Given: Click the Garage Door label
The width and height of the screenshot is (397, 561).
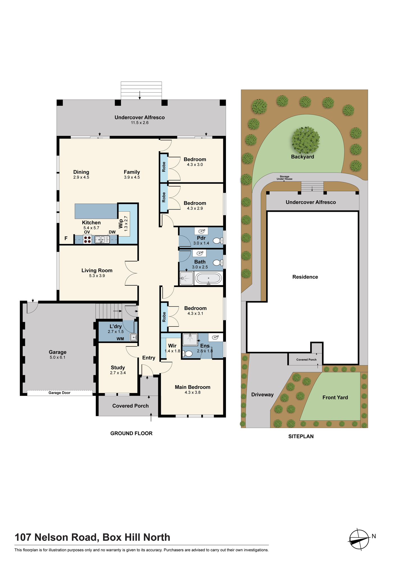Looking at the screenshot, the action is (60, 393).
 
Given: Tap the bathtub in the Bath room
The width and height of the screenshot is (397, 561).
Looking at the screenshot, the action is (209, 279).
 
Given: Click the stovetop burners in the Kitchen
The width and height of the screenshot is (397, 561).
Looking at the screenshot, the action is (87, 240).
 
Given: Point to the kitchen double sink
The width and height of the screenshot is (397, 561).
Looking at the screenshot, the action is (102, 240).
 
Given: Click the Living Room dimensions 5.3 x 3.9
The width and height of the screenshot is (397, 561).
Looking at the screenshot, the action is (97, 276).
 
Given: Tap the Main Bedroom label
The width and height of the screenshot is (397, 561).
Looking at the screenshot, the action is (193, 387).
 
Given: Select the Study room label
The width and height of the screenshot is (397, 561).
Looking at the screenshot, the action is (118, 367).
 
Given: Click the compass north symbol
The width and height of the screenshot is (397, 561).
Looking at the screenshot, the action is (359, 539).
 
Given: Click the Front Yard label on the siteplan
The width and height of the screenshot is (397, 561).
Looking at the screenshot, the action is (335, 397).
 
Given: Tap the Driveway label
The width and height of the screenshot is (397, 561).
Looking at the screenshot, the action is (263, 395).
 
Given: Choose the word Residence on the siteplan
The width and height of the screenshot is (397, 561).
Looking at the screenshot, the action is (305, 277).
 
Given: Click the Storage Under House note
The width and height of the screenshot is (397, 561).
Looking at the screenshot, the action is (284, 178).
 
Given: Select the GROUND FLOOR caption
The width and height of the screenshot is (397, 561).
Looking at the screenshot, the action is (131, 433).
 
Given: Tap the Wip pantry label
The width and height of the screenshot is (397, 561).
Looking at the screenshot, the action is (121, 224).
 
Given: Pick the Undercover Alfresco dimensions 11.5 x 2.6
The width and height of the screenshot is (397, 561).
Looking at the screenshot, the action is (140, 123).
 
